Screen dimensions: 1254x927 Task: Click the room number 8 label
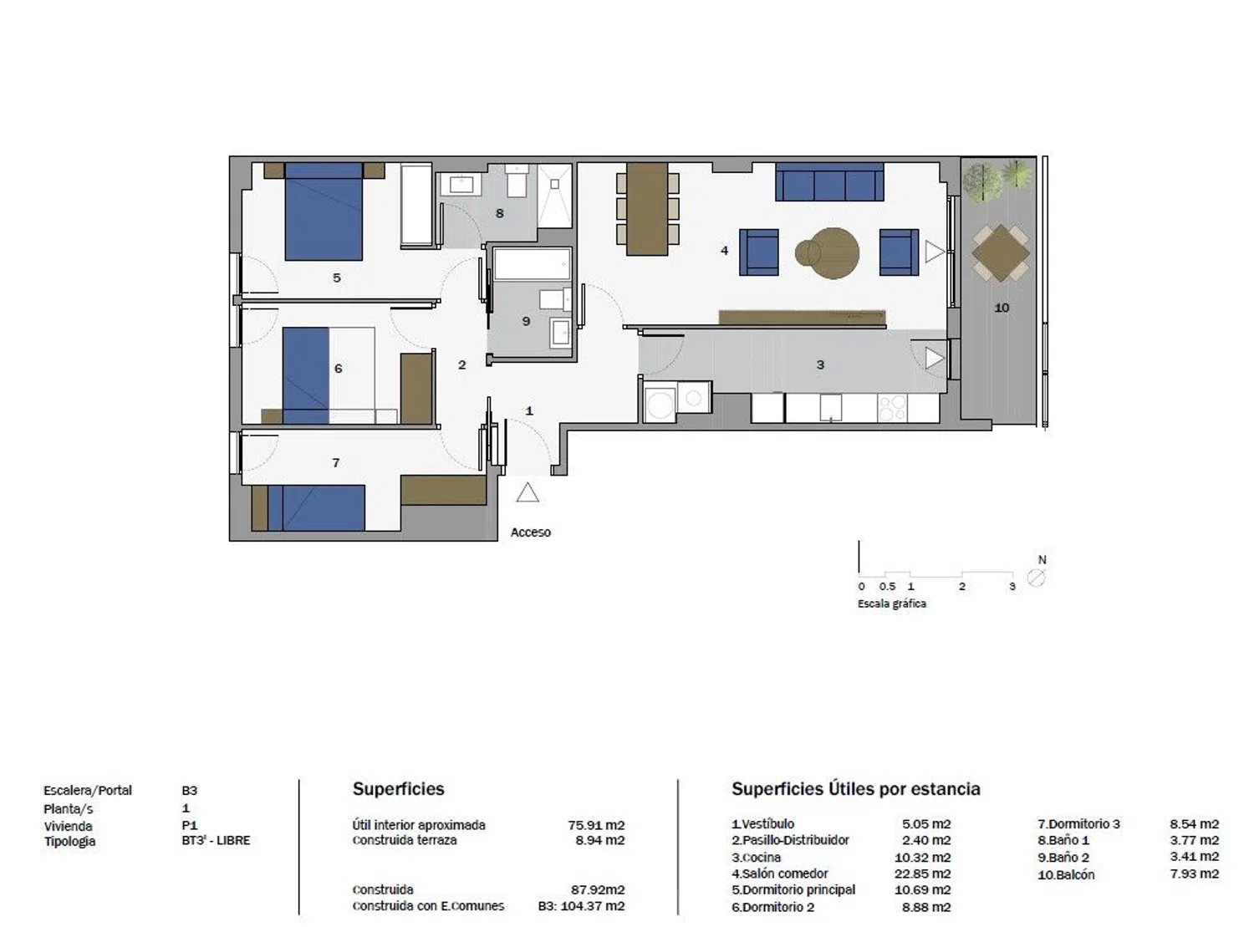(499, 214)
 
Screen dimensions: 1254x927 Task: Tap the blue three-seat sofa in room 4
(828, 181)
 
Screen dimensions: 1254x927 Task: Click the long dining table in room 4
(647, 209)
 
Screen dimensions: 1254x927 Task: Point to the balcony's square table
(1000, 252)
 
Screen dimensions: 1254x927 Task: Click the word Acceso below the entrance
(530, 532)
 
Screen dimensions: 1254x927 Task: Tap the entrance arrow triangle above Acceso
(528, 492)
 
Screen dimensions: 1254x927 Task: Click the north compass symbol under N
(1036, 578)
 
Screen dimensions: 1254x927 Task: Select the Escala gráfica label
(892, 604)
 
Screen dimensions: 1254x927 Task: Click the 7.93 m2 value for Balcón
(1194, 874)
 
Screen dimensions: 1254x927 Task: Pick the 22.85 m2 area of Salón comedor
(922, 874)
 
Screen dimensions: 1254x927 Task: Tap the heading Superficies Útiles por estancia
(856, 789)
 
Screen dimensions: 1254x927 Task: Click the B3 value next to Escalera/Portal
(190, 791)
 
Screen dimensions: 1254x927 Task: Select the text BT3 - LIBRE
(216, 841)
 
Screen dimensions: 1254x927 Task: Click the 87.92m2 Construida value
(598, 890)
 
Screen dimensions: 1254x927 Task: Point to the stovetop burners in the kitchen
(892, 408)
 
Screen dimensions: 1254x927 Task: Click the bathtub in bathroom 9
(532, 264)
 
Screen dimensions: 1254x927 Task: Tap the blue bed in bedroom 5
(324, 212)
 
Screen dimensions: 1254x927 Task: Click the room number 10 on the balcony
(1002, 308)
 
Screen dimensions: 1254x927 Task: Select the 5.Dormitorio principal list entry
(793, 890)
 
